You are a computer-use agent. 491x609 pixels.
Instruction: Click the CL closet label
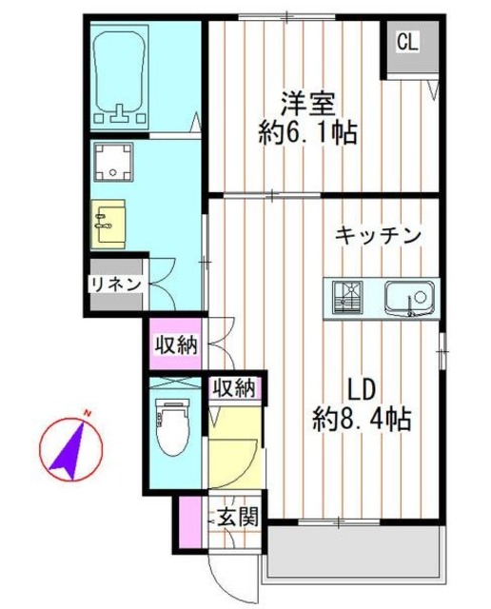(x=407, y=42)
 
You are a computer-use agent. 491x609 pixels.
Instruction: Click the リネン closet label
(x=116, y=284)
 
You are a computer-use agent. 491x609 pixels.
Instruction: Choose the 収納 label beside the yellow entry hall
(x=234, y=387)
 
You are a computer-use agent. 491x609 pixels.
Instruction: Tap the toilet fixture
(x=172, y=427)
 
